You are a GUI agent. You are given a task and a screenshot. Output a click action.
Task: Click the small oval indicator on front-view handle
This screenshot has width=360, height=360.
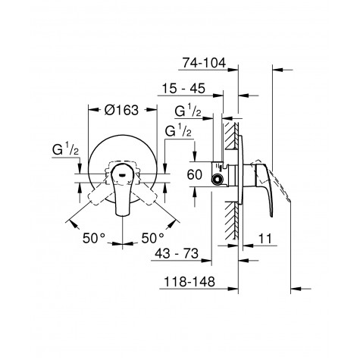point(121,171)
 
